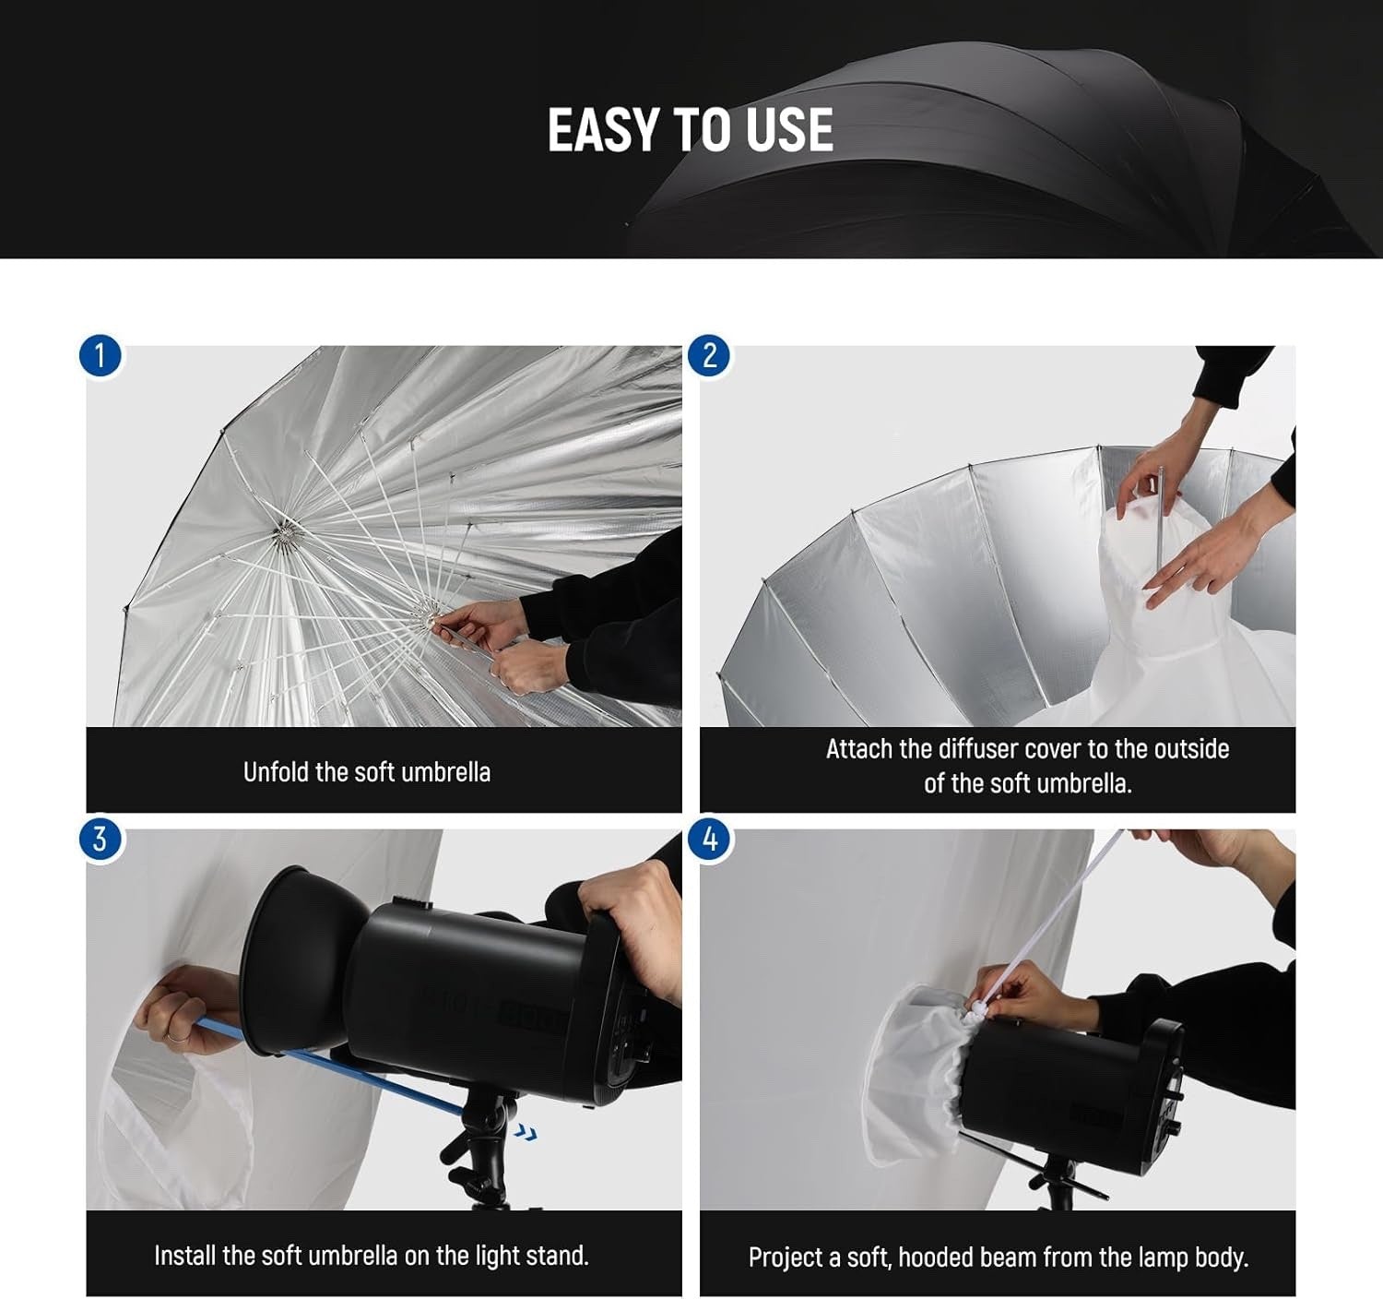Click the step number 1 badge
click(100, 356)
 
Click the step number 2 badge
click(709, 356)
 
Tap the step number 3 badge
click(100, 839)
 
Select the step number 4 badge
click(709, 839)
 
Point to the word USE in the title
click(790, 130)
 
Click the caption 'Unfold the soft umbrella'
click(366, 772)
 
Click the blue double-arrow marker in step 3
click(526, 1133)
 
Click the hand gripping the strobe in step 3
click(636, 923)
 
